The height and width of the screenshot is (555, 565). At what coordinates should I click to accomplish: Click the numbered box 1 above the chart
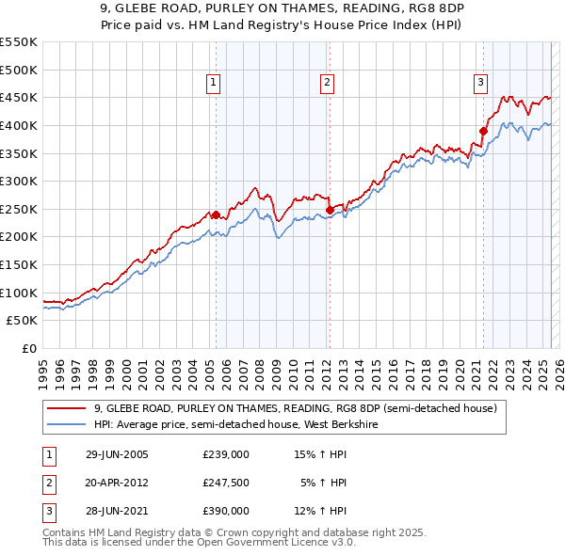click(x=215, y=83)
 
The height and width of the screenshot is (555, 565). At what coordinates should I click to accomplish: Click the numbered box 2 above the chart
click(x=327, y=83)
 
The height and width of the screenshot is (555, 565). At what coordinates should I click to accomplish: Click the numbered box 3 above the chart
click(x=480, y=83)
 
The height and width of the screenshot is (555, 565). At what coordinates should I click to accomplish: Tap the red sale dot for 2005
click(x=216, y=214)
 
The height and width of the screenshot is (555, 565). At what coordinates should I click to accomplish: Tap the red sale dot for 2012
click(x=330, y=210)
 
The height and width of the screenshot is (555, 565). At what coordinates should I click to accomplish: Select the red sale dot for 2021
click(x=483, y=131)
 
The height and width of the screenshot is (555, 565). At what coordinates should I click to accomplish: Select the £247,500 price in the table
click(x=226, y=483)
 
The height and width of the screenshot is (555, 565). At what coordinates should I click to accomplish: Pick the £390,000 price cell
click(x=226, y=511)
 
